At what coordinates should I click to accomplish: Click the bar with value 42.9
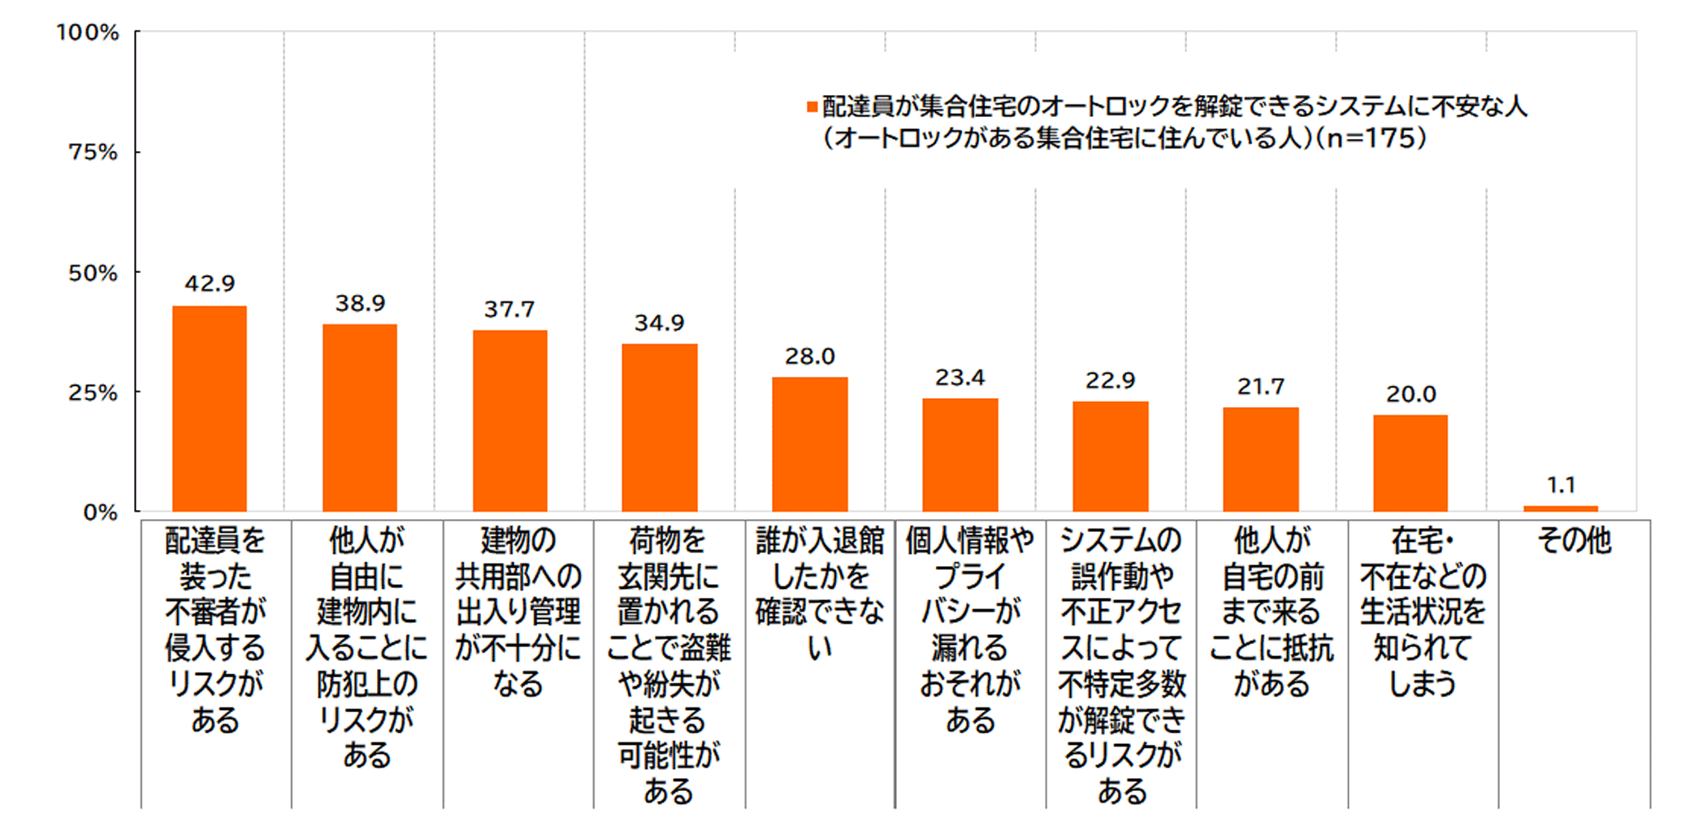(x=210, y=409)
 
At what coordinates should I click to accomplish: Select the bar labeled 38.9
(x=360, y=417)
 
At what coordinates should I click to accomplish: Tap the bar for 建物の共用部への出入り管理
(x=510, y=421)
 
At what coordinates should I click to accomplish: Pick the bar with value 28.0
(x=810, y=444)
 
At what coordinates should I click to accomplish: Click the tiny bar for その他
(x=1561, y=508)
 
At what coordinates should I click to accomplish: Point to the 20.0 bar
(x=1410, y=463)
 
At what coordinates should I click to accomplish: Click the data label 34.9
(x=659, y=323)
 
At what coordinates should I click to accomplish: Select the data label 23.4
(x=960, y=378)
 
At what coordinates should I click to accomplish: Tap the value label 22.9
(x=1110, y=381)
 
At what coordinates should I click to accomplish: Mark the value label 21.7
(x=1260, y=387)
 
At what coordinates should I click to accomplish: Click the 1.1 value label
(x=1561, y=486)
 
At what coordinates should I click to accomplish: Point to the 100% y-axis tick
(x=88, y=32)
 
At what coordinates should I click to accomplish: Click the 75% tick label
(x=93, y=153)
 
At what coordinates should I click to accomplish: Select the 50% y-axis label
(x=93, y=273)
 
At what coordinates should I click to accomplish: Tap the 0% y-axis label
(x=100, y=512)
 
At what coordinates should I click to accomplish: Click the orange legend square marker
(x=812, y=107)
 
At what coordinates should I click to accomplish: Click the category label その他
(x=1574, y=541)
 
